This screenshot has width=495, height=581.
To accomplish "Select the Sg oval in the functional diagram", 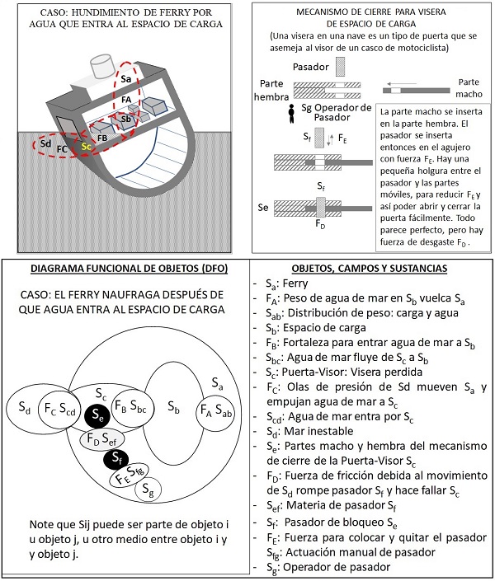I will (x=149, y=492).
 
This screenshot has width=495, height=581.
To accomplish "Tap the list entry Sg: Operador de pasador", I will (x=342, y=568).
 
